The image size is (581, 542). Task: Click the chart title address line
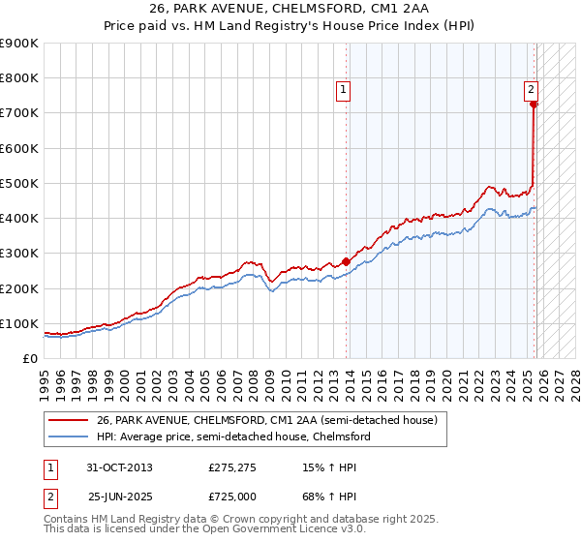[290, 9]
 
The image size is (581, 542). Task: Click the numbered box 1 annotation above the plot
[344, 91]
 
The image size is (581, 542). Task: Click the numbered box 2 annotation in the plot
[532, 91]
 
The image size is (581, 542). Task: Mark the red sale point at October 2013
[347, 261]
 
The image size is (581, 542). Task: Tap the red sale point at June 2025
[534, 105]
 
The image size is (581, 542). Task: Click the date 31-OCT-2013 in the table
[119, 467]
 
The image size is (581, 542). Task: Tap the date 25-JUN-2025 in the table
[120, 497]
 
